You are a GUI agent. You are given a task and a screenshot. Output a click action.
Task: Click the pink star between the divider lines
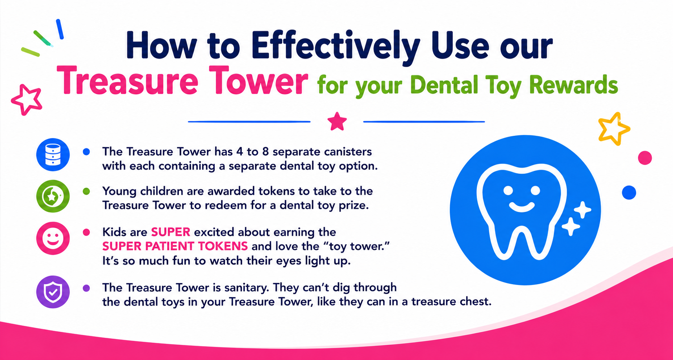pyautogui.click(x=337, y=121)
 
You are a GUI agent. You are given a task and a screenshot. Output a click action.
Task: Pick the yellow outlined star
pyautogui.click(x=613, y=129)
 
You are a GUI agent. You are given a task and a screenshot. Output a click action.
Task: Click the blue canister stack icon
pyautogui.click(x=53, y=154)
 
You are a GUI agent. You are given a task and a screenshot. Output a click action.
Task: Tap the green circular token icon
pyautogui.click(x=53, y=196)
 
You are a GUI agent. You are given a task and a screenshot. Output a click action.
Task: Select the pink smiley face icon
pyautogui.click(x=53, y=238)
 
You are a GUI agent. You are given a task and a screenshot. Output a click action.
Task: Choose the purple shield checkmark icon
pyautogui.click(x=53, y=292)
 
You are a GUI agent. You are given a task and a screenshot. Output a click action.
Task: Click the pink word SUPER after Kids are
pyautogui.click(x=171, y=232)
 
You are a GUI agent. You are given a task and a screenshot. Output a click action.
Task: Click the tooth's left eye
pyautogui.click(x=508, y=191)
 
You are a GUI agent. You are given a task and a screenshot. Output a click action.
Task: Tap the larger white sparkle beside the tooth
pyautogui.click(x=582, y=210)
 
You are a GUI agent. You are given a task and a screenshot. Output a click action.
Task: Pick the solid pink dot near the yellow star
pyautogui.click(x=645, y=158)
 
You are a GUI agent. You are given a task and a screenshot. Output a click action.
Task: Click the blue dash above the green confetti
pyautogui.click(x=60, y=29)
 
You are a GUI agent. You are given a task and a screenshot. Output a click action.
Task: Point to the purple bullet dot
pyautogui.click(x=86, y=288)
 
